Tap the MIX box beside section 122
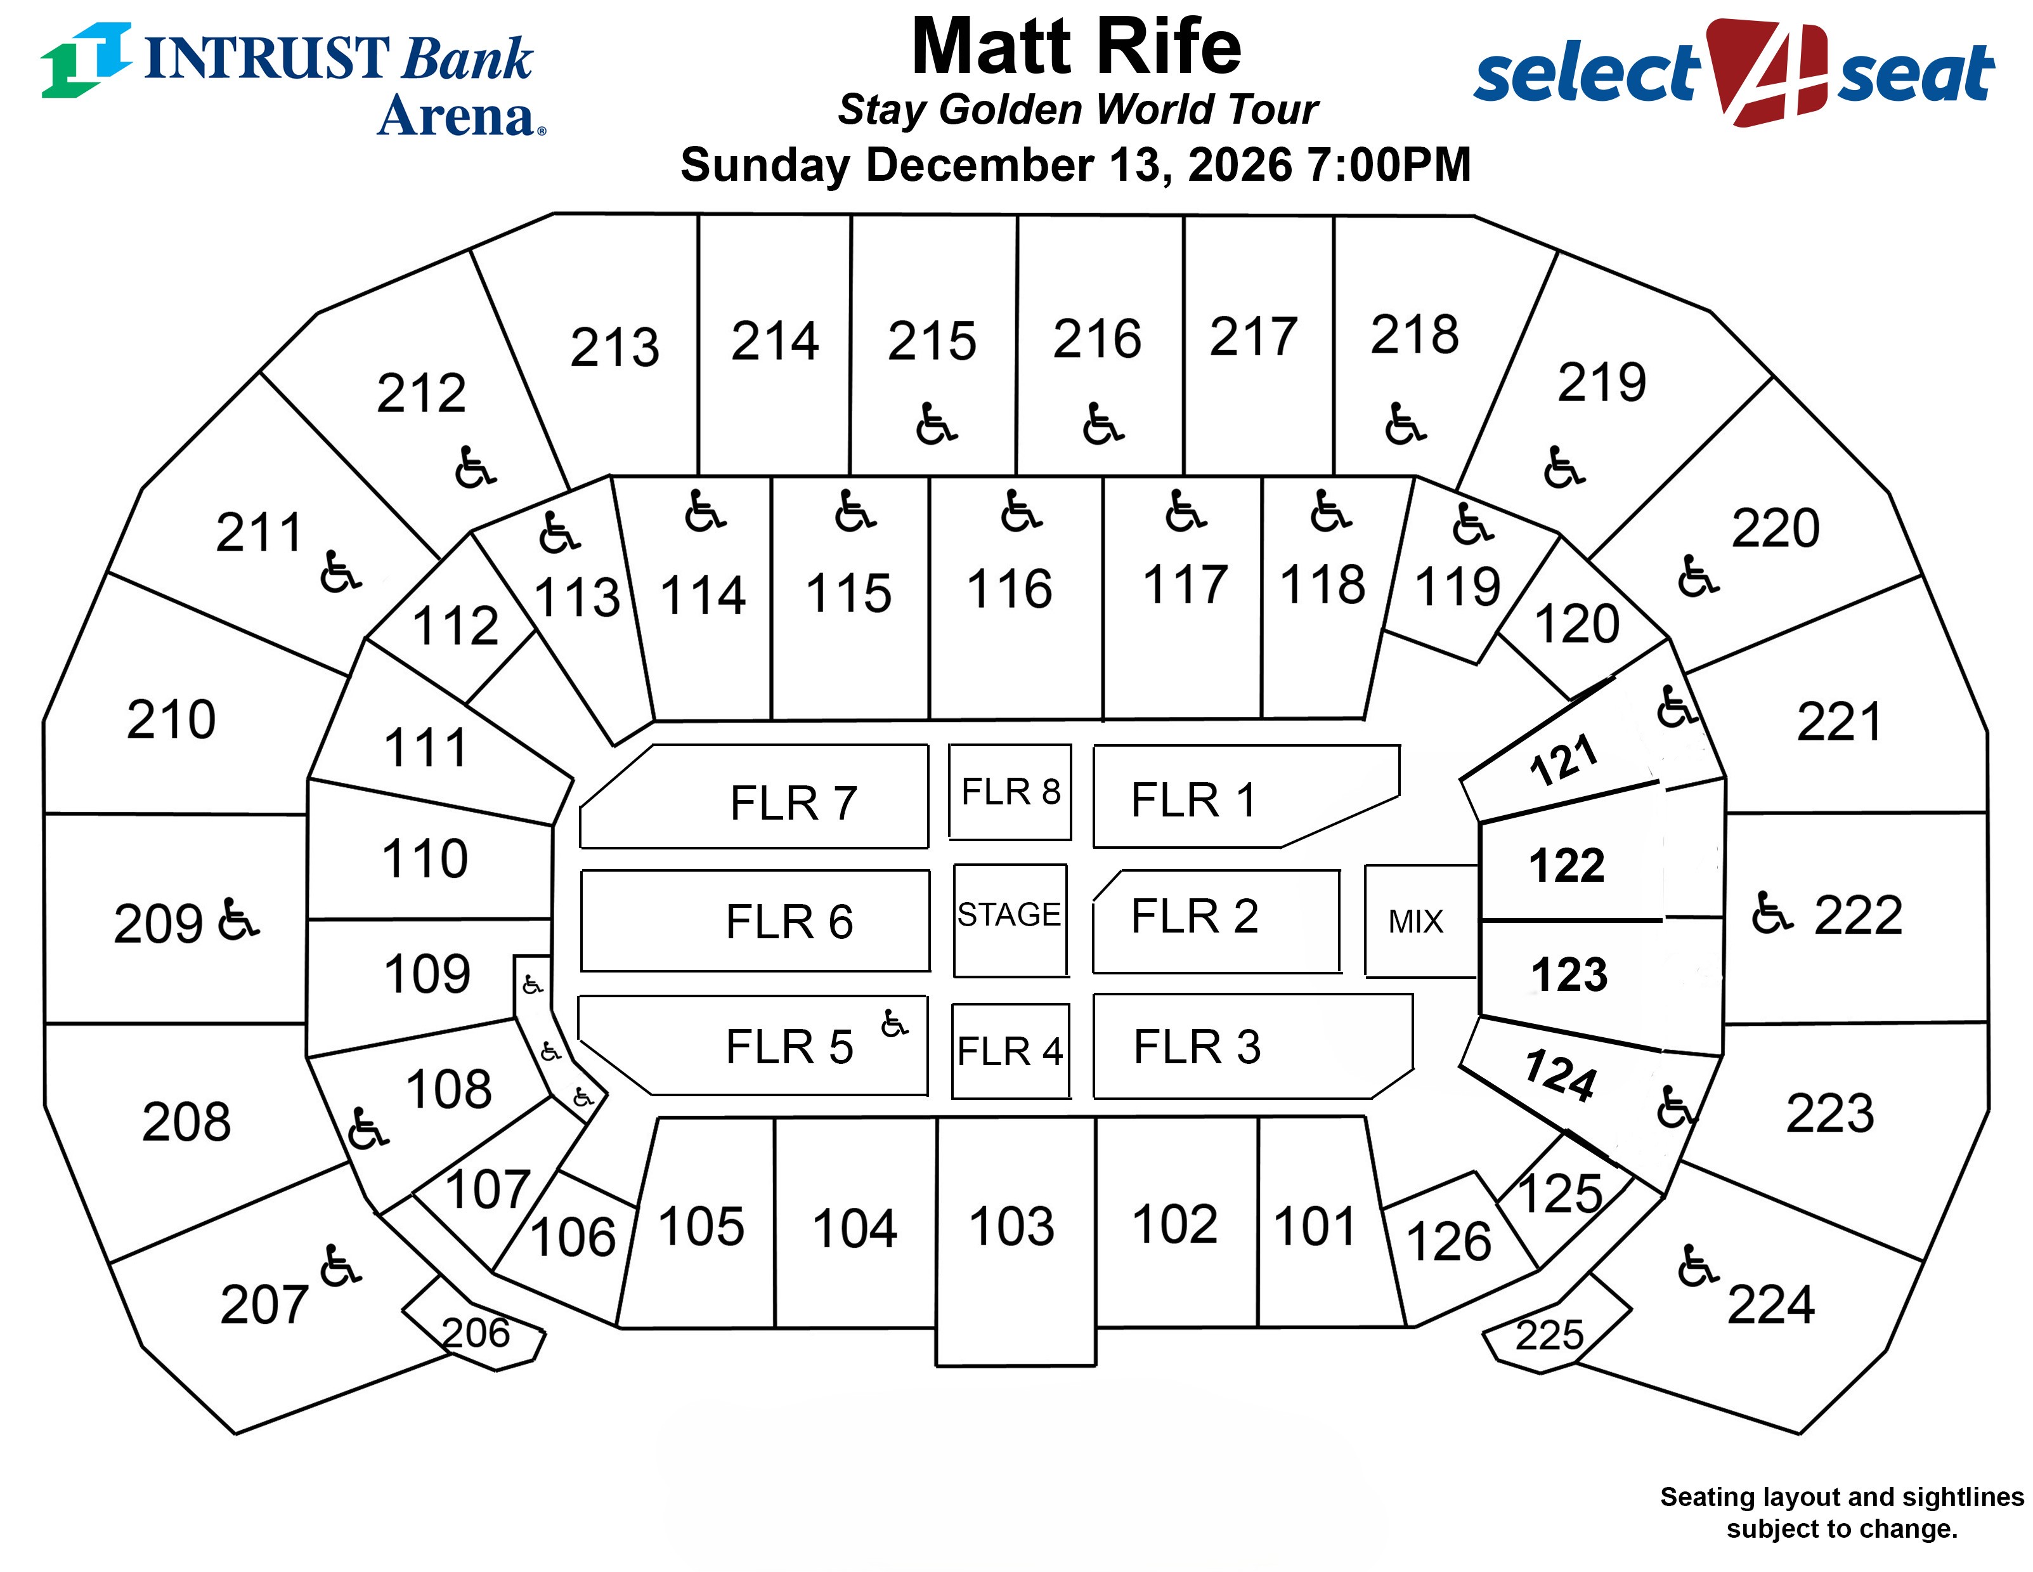pos(1416,921)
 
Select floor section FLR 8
pos(1010,792)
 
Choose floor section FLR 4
pos(1010,1051)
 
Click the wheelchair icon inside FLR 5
pos(893,1023)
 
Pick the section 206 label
pos(476,1333)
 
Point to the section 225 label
pos(1549,1335)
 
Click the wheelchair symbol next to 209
pos(238,919)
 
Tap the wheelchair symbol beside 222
pos(1772,913)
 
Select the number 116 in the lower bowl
pos(1009,589)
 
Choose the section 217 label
pos(1254,336)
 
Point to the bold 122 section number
pos(1567,865)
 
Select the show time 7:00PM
pos(1390,165)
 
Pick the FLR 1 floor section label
pos(1193,800)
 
